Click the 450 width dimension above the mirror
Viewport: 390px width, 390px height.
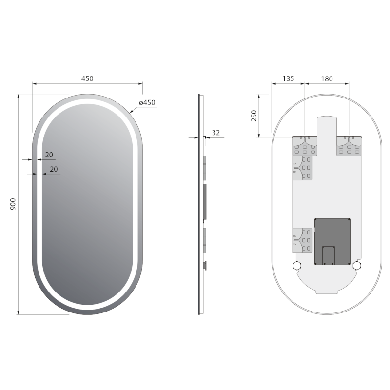(87, 78)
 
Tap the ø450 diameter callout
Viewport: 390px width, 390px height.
(147, 102)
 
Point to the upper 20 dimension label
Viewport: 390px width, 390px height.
(49, 155)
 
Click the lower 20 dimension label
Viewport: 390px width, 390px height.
(54, 169)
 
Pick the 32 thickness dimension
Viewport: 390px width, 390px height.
(216, 132)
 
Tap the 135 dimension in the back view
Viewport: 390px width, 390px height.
(288, 78)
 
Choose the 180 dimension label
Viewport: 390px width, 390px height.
(327, 78)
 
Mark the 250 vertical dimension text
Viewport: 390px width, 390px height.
(254, 116)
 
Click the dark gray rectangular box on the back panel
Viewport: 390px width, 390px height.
(332, 241)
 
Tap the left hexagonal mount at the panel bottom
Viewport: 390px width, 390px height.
(296, 266)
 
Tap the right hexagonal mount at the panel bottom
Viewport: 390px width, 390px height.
(357, 266)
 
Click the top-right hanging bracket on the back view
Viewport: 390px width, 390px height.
(349, 146)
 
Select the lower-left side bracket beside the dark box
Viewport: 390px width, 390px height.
(302, 240)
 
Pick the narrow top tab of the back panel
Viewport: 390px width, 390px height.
(327, 125)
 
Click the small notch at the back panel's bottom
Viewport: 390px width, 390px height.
(327, 292)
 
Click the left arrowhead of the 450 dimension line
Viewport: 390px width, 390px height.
(34, 84)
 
